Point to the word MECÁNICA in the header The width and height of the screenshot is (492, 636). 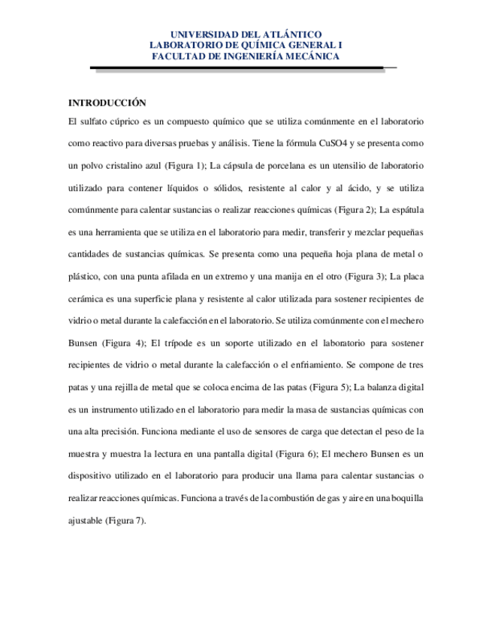[x=315, y=55]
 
